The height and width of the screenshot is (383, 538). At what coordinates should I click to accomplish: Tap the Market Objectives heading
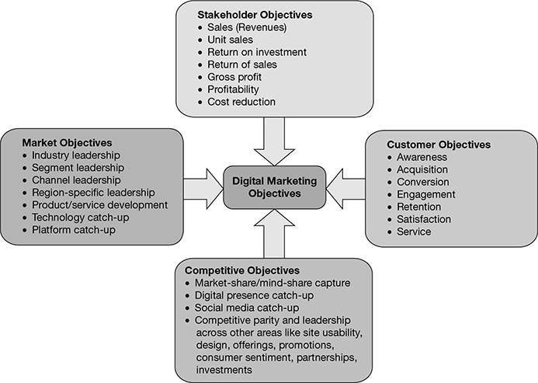(67, 143)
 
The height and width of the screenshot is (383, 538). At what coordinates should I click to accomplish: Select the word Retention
(418, 207)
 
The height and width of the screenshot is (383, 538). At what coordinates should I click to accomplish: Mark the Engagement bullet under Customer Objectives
(425, 194)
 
